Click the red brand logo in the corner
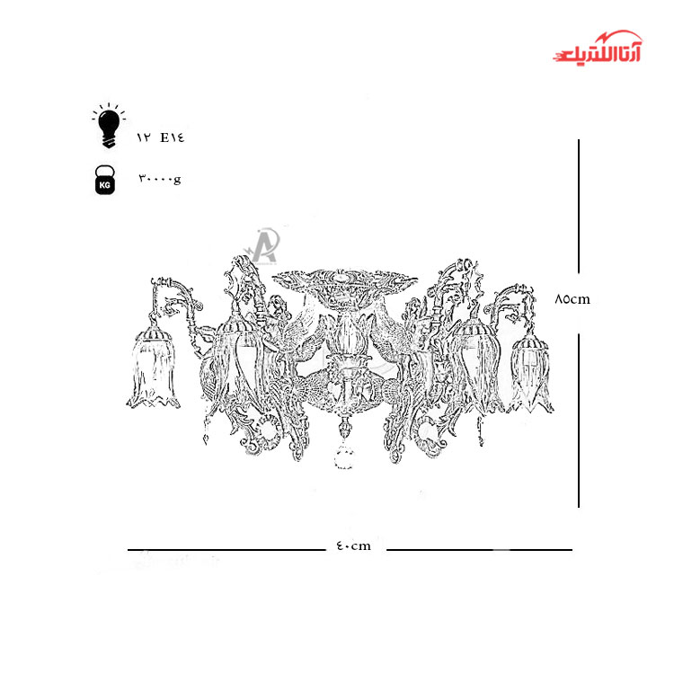[x=598, y=48]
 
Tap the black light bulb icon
[x=109, y=126]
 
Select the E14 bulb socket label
[x=173, y=137]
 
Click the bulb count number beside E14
[x=144, y=137]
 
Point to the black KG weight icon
[x=105, y=180]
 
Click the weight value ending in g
[x=160, y=179]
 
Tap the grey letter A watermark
[x=262, y=246]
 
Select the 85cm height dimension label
[x=572, y=299]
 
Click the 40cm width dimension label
[x=353, y=545]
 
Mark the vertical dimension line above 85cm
[x=579, y=207]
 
